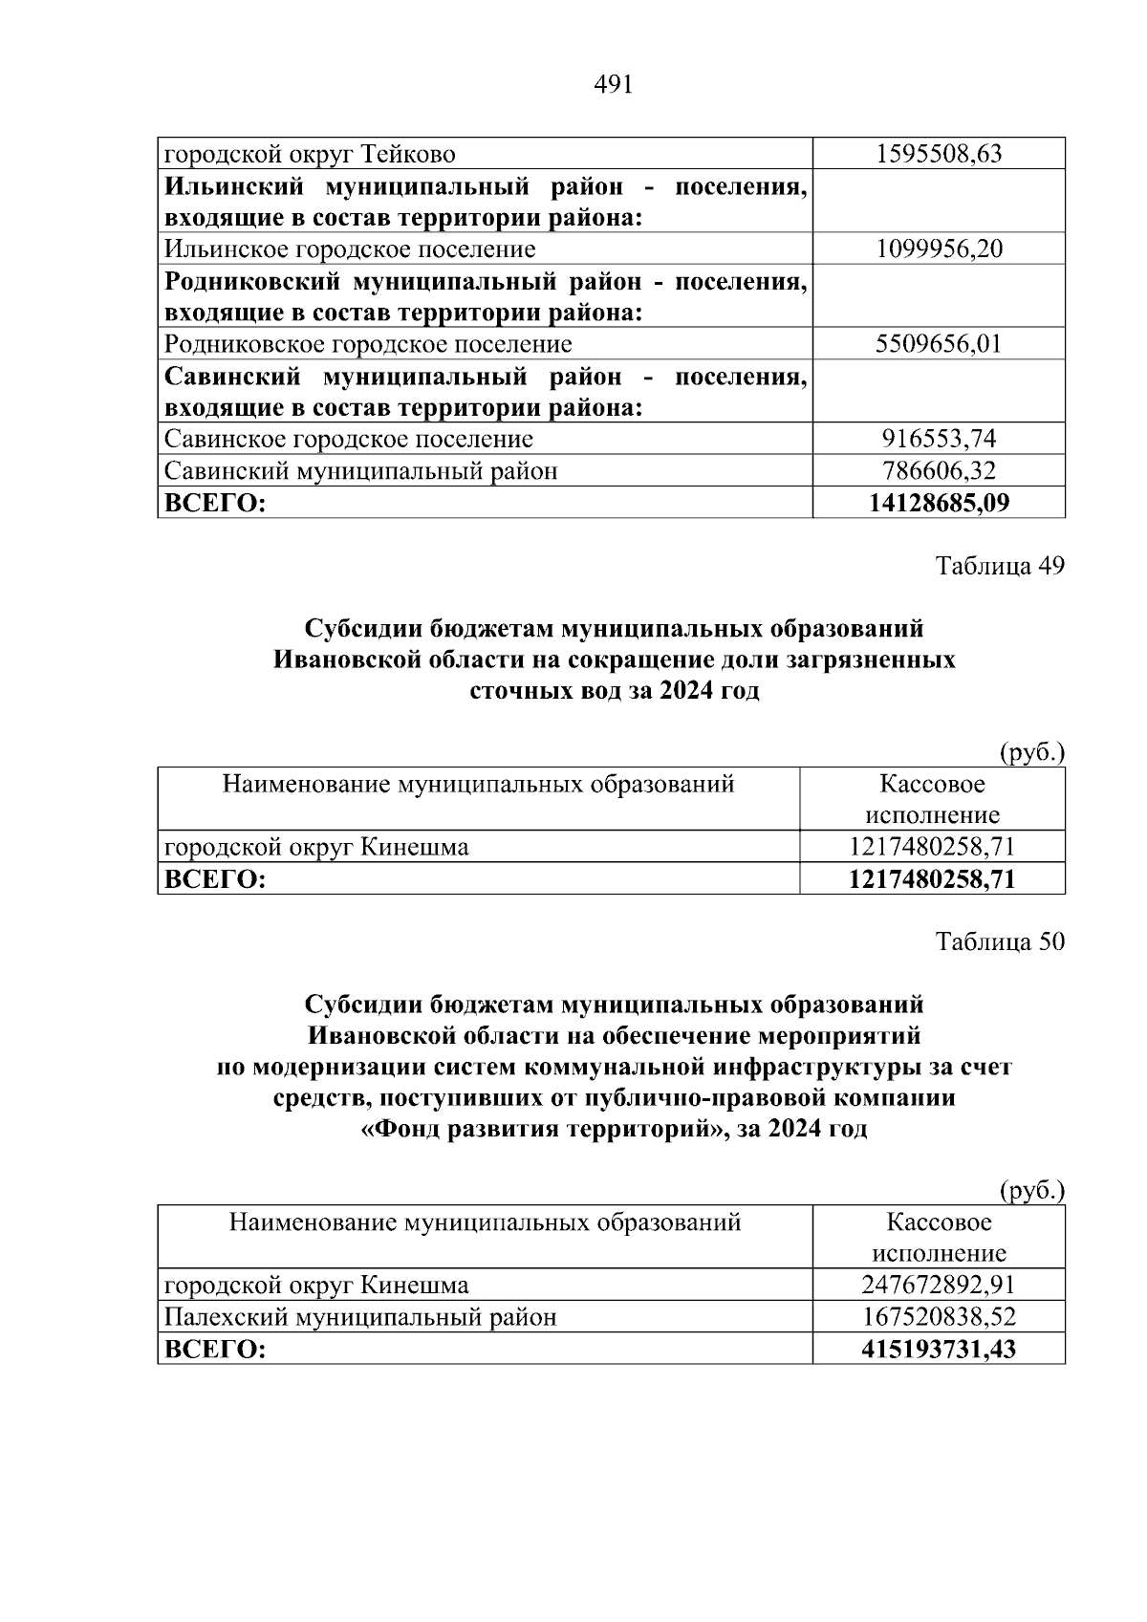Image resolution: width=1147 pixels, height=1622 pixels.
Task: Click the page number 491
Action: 613,86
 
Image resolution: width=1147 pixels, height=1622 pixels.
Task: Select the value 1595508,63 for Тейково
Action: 939,154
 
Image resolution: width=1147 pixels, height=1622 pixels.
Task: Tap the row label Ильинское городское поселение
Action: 350,249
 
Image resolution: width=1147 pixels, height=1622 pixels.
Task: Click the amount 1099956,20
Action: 939,249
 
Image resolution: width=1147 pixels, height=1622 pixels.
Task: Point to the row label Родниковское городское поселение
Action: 368,344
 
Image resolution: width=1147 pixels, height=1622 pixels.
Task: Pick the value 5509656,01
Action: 939,344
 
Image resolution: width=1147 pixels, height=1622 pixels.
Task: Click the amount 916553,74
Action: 939,439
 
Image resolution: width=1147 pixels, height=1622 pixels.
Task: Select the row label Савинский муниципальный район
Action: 361,470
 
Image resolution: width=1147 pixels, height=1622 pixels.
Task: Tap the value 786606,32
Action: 939,470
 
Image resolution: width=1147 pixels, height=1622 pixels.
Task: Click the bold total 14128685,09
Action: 939,503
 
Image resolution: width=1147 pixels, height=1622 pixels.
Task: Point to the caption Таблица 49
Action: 1000,566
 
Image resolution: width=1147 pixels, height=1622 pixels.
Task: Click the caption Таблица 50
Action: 1000,941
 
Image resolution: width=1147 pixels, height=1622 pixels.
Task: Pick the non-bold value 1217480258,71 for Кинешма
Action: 932,847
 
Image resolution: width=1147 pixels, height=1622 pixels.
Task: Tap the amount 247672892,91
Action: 939,1285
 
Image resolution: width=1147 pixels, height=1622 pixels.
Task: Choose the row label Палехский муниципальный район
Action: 360,1317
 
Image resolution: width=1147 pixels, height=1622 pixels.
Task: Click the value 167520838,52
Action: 939,1317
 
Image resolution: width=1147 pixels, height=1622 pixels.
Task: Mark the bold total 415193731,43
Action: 939,1350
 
